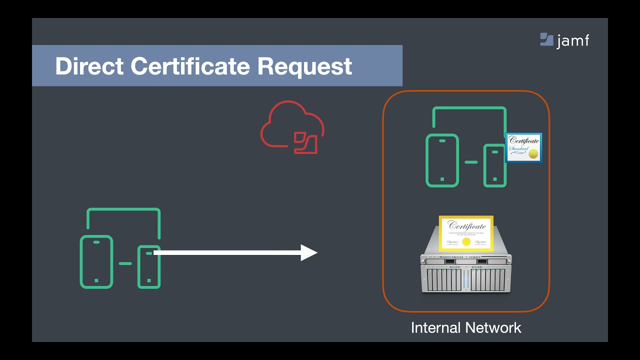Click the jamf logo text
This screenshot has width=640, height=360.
[573, 40]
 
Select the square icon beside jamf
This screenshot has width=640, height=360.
[546, 39]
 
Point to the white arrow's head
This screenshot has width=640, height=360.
[309, 252]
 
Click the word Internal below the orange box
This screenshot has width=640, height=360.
[434, 328]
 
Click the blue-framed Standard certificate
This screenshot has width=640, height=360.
[523, 147]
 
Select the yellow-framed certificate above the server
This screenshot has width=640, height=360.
[466, 233]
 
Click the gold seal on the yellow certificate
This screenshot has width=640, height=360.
[466, 242]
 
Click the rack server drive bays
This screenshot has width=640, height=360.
[466, 278]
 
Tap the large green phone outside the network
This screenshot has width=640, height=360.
[96, 261]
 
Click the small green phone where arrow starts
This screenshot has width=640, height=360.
[148, 266]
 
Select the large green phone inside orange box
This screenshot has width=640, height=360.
[442, 160]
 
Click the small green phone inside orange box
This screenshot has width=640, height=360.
[494, 165]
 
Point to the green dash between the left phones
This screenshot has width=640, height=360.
[125, 263]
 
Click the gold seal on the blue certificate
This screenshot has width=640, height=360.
[533, 153]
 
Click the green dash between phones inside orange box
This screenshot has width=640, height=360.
[470, 162]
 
